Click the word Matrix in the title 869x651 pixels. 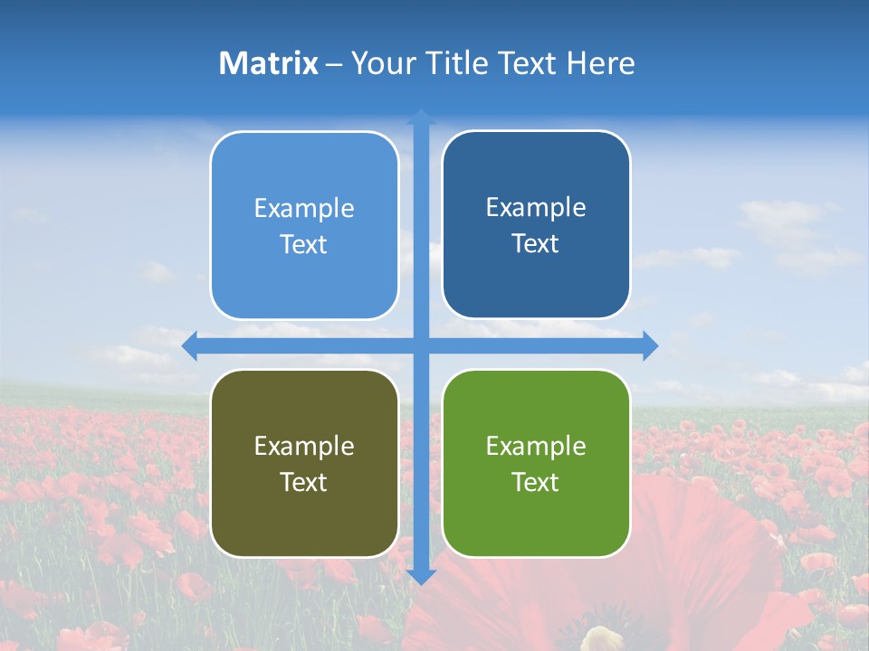(x=268, y=63)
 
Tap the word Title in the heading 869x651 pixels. (x=451, y=63)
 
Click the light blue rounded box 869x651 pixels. (x=304, y=225)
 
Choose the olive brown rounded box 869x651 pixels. (x=304, y=463)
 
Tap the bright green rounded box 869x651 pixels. (x=536, y=463)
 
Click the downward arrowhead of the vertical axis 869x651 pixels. (x=421, y=576)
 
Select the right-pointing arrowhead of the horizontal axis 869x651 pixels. (x=650, y=345)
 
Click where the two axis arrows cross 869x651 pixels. (x=421, y=345)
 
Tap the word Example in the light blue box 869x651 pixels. (x=304, y=209)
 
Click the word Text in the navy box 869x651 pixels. (x=536, y=244)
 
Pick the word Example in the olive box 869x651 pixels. (x=304, y=446)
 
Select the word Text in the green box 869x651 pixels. (x=536, y=483)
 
